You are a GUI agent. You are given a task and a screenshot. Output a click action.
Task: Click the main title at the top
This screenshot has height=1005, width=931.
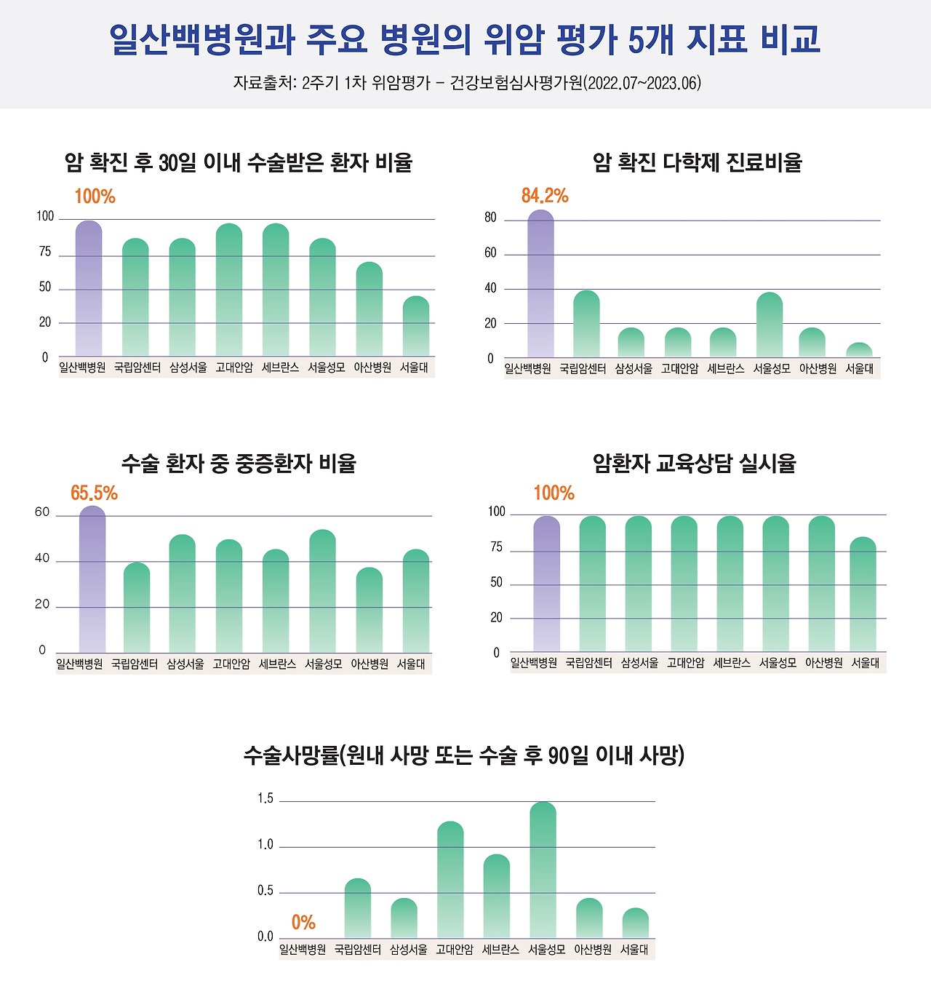(465, 39)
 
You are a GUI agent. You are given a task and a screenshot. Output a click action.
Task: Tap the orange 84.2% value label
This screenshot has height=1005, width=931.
(545, 196)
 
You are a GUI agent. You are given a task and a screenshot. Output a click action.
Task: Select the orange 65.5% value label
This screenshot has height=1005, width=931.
(94, 493)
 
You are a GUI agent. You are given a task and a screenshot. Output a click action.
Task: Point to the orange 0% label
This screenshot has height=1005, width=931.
(303, 923)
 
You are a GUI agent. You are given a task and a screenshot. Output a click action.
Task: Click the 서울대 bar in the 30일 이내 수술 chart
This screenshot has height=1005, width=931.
(415, 327)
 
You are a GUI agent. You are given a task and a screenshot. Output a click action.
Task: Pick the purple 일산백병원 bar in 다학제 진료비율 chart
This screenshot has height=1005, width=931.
(540, 284)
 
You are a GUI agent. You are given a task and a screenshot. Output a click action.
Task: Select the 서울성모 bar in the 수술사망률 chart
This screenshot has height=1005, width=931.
(543, 870)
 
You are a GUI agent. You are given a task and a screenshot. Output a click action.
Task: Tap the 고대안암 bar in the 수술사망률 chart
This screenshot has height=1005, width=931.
(450, 880)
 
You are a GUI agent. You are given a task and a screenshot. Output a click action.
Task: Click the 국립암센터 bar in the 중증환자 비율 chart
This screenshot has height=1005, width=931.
(137, 608)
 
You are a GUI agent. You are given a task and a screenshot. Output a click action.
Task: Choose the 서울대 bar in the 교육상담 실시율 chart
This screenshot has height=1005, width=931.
(863, 595)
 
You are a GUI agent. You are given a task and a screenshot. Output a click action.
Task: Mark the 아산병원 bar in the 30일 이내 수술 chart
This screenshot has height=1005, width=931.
(369, 309)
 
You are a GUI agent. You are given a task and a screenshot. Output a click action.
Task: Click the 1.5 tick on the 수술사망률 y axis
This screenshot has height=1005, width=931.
(265, 799)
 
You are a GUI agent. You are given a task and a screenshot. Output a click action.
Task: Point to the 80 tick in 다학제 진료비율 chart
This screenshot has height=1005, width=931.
(490, 218)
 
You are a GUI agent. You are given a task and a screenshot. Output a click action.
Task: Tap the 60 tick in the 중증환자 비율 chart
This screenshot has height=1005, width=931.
(42, 512)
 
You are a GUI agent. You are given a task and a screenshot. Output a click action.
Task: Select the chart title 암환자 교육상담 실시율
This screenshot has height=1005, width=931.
(695, 464)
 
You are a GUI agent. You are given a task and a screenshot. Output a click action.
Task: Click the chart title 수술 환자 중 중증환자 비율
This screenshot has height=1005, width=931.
(239, 464)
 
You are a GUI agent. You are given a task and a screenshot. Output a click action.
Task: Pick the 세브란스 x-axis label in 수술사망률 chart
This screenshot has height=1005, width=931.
(500, 950)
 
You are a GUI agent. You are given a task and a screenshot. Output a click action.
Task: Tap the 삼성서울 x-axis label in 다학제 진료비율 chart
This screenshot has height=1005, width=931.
(634, 369)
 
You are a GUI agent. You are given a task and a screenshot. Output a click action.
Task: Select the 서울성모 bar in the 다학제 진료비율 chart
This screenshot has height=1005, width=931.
(770, 325)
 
